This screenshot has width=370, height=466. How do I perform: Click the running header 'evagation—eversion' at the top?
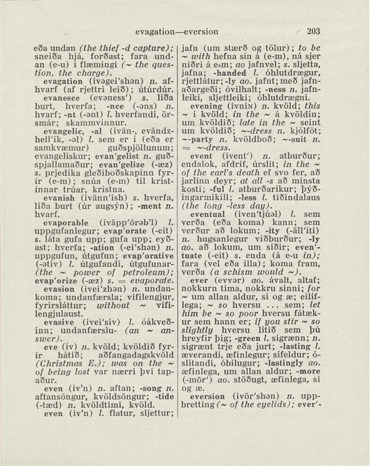coord(176,32)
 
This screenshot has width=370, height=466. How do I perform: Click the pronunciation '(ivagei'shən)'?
coord(105,81)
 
